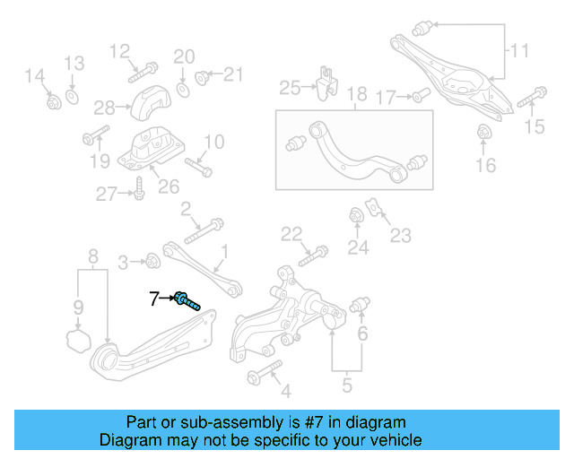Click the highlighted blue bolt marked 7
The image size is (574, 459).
187,299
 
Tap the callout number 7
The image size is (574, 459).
154,298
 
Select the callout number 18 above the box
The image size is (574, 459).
357,93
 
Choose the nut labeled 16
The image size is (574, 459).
484,134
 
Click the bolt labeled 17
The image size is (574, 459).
420,96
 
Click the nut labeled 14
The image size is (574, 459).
53,100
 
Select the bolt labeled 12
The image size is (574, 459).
145,68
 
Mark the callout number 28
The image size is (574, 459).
104,108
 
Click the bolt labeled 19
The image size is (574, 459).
94,137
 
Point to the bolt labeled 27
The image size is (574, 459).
139,189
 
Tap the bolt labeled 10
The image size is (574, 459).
199,166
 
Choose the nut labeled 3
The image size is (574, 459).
152,262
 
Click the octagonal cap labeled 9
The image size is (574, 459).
79,341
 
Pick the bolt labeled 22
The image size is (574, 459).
308,255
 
